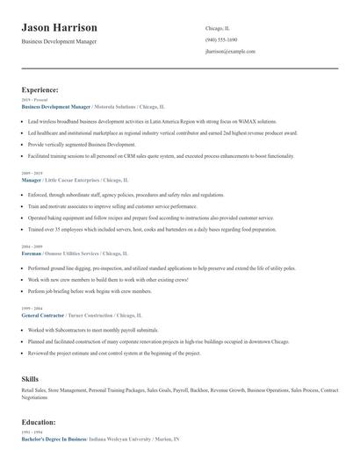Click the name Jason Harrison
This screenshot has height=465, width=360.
click(60, 28)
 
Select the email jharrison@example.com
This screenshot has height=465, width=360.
click(230, 52)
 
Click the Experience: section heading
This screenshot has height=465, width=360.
click(40, 89)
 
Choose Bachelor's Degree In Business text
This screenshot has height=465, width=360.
click(54, 438)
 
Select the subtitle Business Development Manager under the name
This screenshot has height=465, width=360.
click(59, 41)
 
